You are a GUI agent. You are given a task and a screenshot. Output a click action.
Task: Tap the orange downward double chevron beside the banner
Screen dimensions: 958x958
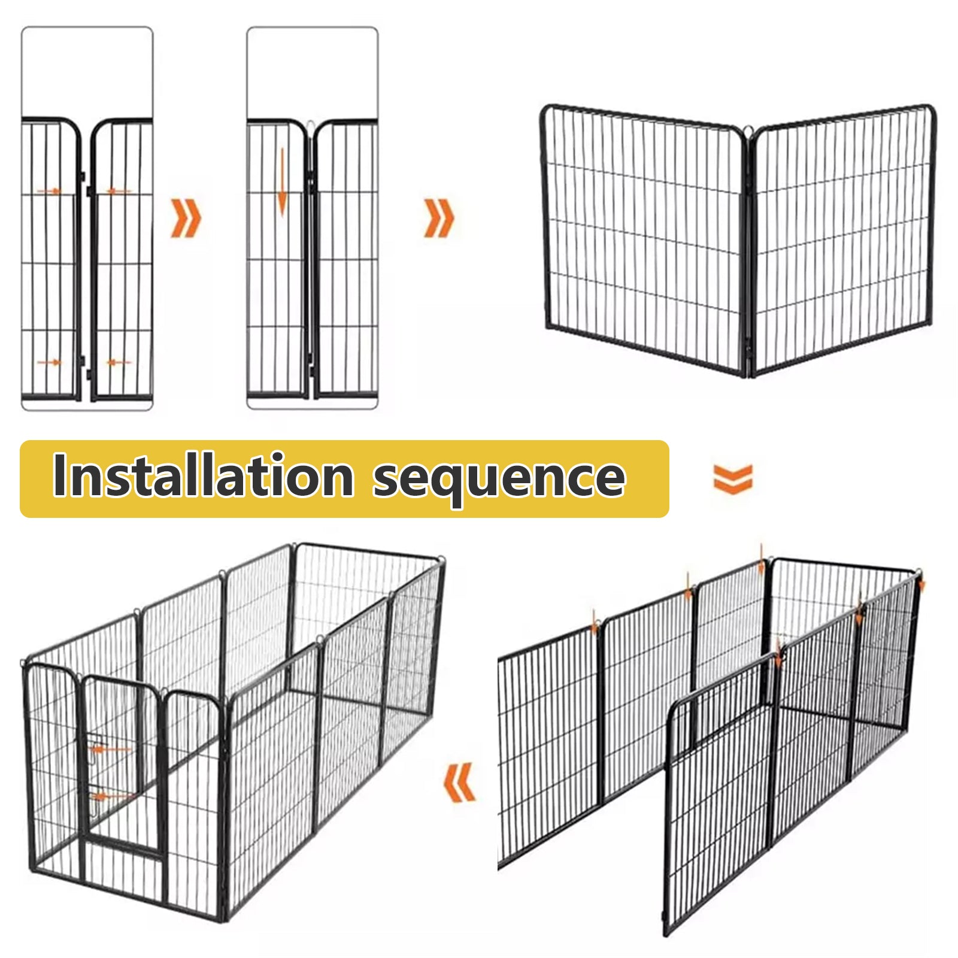[732, 480]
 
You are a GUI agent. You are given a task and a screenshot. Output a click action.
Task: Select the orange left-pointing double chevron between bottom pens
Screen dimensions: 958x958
[460, 782]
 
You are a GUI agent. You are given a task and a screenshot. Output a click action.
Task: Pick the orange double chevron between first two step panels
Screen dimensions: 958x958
[186, 219]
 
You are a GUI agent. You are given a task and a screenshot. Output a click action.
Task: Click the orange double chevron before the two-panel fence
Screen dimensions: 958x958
[439, 218]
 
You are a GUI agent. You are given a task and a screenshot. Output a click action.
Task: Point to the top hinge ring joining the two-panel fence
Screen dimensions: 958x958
[748, 130]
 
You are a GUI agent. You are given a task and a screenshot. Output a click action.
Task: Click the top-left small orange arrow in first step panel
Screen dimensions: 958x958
[49, 191]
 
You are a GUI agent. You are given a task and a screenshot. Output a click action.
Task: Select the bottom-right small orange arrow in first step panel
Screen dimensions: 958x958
[119, 362]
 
